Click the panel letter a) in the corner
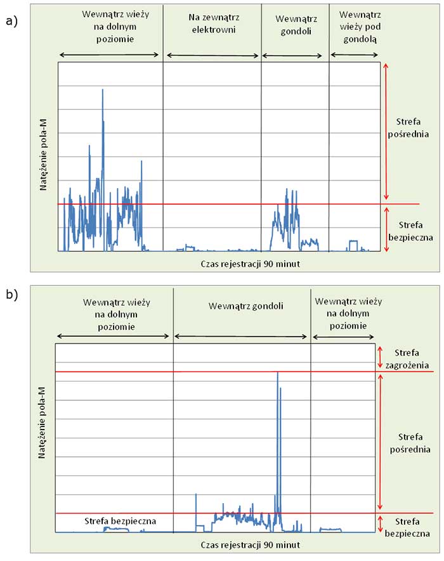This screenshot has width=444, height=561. coord(10,22)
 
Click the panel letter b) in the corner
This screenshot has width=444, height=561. coord(10,294)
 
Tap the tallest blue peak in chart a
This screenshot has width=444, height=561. coord(103,91)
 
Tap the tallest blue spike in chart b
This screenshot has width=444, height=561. coord(278,374)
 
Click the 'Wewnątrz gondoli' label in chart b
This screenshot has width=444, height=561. coord(245,306)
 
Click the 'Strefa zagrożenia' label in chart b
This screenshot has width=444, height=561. coord(406,358)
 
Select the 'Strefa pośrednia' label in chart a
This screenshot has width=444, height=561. coord(411,129)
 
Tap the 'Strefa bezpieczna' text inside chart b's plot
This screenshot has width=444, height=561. coord(120,521)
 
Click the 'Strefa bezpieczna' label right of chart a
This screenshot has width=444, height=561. coord(411,231)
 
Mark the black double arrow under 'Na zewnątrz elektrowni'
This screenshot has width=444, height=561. coord(212,56)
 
